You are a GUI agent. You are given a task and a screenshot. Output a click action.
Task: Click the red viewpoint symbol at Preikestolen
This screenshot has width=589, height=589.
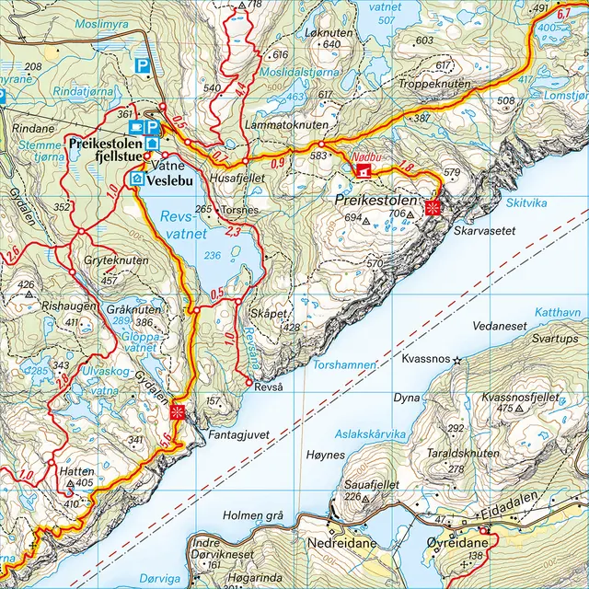pyautogui.click(x=432, y=209)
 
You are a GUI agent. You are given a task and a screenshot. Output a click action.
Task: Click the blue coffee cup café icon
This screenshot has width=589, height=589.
pyautogui.click(x=137, y=126)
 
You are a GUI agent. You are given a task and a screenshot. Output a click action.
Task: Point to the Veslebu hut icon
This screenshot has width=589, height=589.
pyautogui.click(x=138, y=179)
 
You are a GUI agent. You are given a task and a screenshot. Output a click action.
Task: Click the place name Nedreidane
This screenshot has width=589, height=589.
pyautogui.click(x=348, y=543)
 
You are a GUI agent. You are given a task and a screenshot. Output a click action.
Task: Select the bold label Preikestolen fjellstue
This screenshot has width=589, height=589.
pyautogui.click(x=103, y=151)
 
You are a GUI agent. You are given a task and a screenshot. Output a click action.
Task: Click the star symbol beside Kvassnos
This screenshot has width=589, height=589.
pyautogui.click(x=457, y=361)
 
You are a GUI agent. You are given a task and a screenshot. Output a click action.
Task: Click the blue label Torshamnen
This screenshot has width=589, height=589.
pyautogui.click(x=345, y=365)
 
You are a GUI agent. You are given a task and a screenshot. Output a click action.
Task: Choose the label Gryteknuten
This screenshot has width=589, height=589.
pyautogui.click(x=116, y=261)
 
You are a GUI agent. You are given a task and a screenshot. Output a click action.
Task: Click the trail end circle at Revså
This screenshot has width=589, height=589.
pyautogui.click(x=249, y=383)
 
